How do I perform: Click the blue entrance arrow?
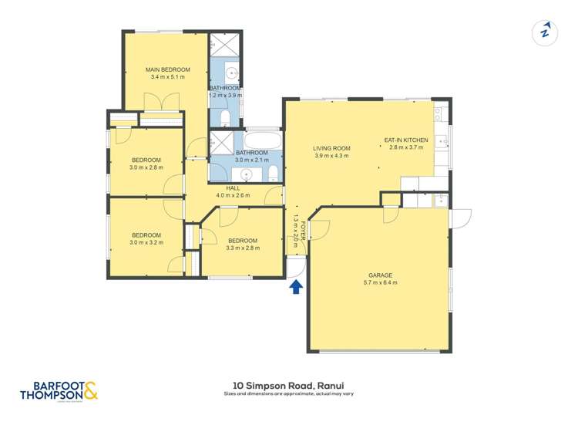[x=295, y=288]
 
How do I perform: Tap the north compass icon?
[x=545, y=32]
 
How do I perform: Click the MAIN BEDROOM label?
[x=167, y=69]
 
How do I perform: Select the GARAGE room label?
[x=381, y=275]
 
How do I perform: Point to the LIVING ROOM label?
[x=331, y=148]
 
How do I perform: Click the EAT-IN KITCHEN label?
[x=406, y=140]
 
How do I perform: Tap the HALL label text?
[x=234, y=188]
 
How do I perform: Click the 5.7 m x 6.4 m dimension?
[x=381, y=283]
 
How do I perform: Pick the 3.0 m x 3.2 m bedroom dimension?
[x=146, y=243]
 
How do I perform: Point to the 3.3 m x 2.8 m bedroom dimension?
[x=243, y=248]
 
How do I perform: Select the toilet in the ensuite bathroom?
[x=224, y=116]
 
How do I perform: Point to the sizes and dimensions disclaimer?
[x=289, y=394]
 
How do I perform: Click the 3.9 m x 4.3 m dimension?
[x=331, y=156]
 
